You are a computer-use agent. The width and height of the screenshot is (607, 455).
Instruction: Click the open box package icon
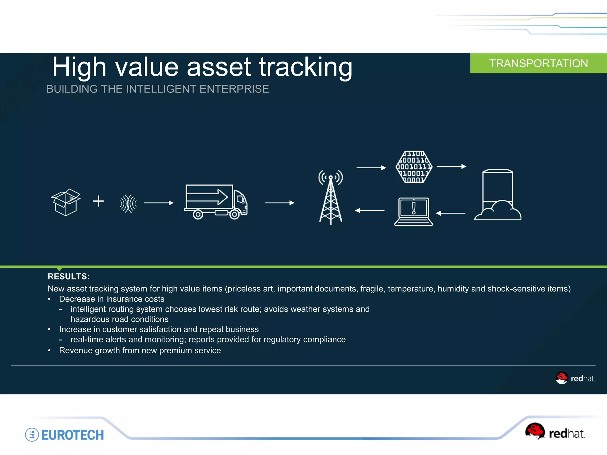tap(66, 202)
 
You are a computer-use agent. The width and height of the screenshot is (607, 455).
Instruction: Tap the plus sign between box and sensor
tap(98, 201)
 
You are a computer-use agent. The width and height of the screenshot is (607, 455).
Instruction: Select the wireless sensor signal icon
tap(128, 204)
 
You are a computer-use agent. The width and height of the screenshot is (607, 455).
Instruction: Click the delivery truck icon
tap(215, 201)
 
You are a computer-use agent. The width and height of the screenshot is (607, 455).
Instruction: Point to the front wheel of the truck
tap(234, 214)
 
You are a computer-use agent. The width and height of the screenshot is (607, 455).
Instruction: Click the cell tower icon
tap(331, 198)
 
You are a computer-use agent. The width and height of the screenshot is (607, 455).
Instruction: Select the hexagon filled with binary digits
tap(414, 167)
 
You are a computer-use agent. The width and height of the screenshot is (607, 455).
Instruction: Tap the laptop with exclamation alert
tap(413, 212)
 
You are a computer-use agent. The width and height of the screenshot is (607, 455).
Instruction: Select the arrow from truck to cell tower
tap(279, 203)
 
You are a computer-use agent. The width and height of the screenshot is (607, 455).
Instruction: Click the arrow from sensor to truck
tap(159, 203)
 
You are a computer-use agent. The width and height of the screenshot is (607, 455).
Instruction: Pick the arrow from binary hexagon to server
tap(451, 166)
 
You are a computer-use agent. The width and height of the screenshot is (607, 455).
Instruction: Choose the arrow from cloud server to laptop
tap(451, 213)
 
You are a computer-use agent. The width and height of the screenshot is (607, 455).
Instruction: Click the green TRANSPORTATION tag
tap(538, 63)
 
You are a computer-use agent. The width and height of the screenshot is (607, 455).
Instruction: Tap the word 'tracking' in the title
tap(306, 67)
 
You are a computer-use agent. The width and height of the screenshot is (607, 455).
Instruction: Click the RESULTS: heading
tap(68, 276)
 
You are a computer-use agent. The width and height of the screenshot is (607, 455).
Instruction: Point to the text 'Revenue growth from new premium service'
tap(140, 350)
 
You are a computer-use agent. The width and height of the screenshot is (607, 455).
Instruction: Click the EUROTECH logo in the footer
tap(65, 435)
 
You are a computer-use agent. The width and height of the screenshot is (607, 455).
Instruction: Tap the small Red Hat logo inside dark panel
tap(575, 378)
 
